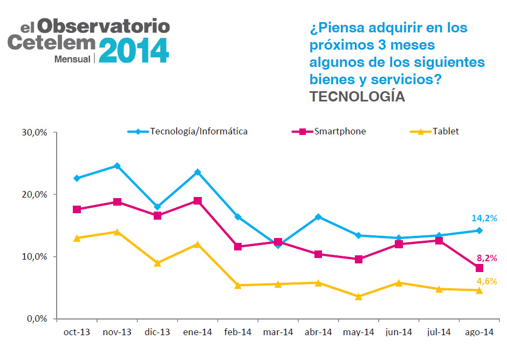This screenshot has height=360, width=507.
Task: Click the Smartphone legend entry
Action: pos(329,131)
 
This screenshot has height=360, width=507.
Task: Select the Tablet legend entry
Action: pos(434,131)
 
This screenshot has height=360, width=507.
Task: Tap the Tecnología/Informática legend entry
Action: pos(188,131)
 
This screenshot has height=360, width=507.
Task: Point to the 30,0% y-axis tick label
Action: pos(35,132)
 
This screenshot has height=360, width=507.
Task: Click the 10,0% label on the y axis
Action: pos(35,256)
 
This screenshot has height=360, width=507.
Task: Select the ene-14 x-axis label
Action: pos(197,332)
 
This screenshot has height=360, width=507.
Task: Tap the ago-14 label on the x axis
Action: pos(479,332)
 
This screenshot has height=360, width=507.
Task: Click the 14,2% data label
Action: pos(484,219)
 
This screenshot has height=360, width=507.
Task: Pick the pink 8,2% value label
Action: pos(487,258)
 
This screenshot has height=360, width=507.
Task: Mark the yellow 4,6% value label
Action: pos(487,281)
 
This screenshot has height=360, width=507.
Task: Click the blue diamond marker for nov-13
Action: pos(117,166)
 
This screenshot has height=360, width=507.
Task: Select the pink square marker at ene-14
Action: pos(197,201)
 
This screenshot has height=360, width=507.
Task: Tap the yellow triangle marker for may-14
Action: pos(359,297)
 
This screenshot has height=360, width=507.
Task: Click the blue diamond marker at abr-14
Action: pos(318,217)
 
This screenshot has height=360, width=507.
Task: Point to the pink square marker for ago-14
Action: pos(479,268)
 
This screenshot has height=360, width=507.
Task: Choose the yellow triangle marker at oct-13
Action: pos(77,239)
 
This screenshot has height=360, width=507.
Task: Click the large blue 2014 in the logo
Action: pos(134,50)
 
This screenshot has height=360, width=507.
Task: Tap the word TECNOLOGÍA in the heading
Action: pos(357,97)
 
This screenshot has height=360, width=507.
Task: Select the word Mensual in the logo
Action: pos(72,59)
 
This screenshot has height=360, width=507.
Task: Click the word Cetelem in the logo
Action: pos(52,43)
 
